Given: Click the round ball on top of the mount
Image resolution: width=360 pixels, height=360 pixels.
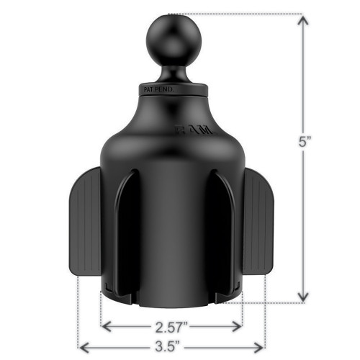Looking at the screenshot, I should [169, 37].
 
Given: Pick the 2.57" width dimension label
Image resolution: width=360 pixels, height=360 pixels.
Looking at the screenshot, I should [171, 325].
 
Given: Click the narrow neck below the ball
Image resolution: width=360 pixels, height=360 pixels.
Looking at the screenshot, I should [171, 71].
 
